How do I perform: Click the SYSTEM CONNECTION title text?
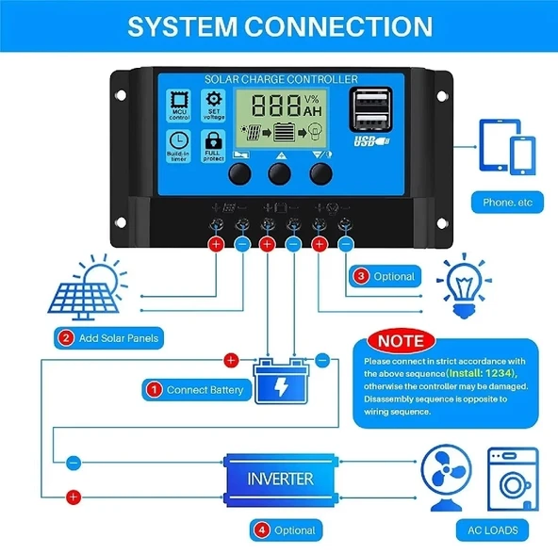tap(279, 25)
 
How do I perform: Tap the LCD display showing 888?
tap(279, 119)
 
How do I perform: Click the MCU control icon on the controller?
tap(177, 105)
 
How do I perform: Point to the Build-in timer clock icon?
tap(177, 143)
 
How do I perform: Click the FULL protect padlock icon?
tap(214, 143)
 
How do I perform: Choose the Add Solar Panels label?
tap(111, 337)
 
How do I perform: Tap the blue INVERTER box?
tap(280, 479)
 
